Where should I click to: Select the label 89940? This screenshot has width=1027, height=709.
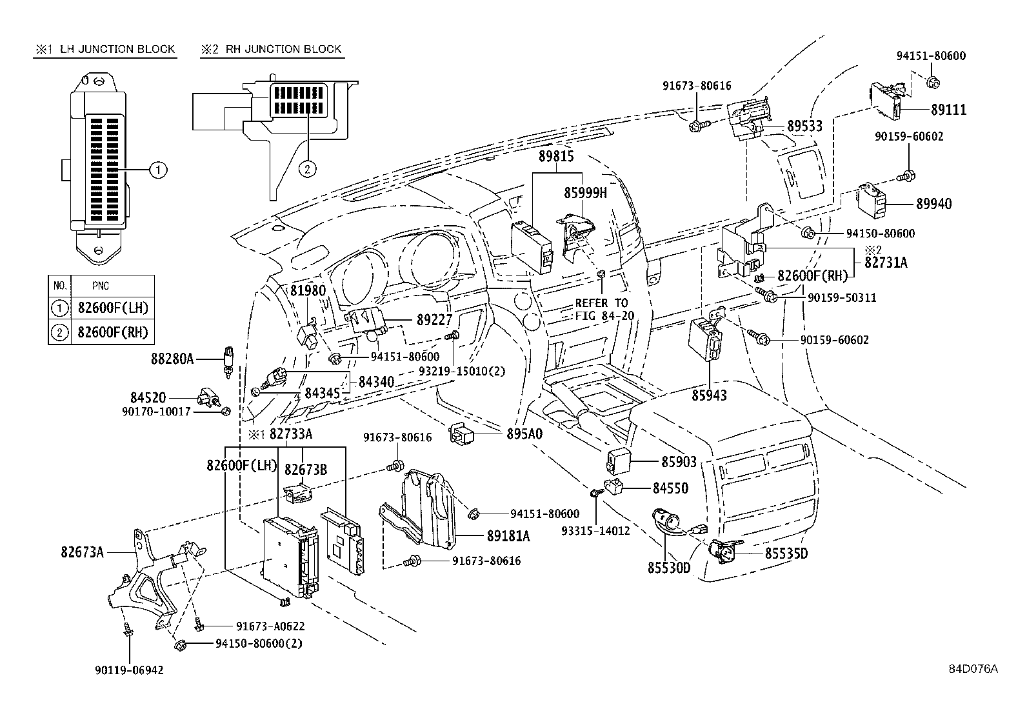(x=933, y=204)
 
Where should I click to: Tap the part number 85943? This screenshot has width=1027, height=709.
(x=709, y=395)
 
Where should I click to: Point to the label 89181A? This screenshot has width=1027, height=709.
(x=508, y=535)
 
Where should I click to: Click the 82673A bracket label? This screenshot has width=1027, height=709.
(x=83, y=552)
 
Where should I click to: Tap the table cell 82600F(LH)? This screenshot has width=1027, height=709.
(x=112, y=308)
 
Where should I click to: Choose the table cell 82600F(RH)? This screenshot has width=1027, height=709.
(x=112, y=332)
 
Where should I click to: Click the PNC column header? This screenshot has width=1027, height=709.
(x=101, y=285)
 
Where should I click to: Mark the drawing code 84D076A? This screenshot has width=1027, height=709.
(x=973, y=669)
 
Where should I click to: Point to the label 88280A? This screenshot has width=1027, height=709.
(x=172, y=358)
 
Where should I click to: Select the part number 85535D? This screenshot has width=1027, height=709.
(x=786, y=554)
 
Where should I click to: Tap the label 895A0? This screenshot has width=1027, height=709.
(x=524, y=434)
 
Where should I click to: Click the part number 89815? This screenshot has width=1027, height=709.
(x=557, y=156)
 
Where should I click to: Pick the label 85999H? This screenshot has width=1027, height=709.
(x=585, y=192)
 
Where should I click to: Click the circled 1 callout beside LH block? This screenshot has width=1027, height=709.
(x=158, y=170)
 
